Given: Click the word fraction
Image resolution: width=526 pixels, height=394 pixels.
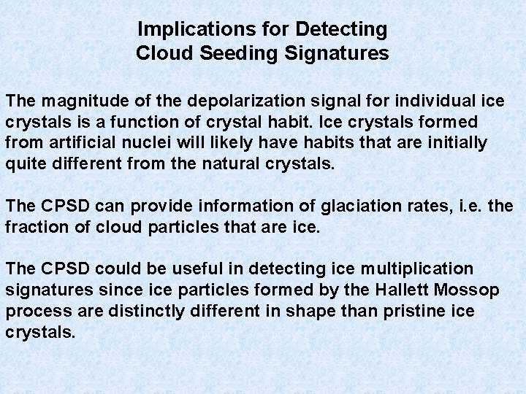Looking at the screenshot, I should click(x=33, y=228).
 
